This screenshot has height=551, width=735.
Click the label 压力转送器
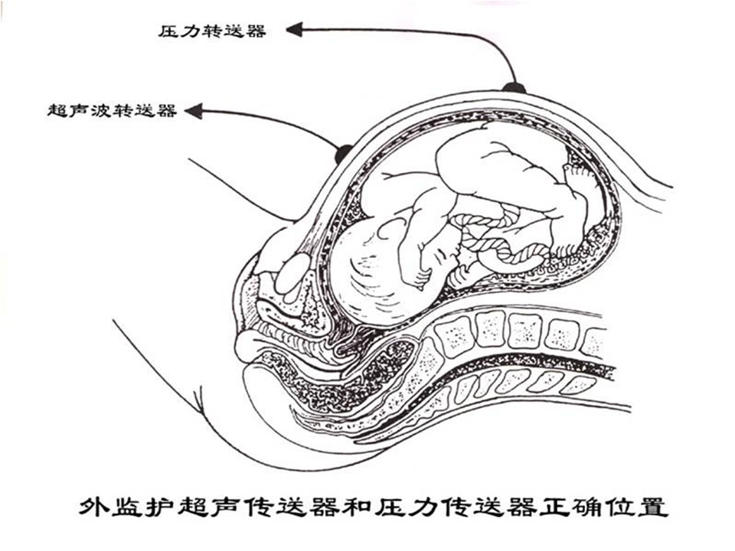pos(212,31)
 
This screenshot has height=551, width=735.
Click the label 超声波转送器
pos(112,111)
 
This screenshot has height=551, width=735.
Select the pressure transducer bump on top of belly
pos(514,87)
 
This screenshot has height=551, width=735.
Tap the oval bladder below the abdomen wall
pos(292,275)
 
